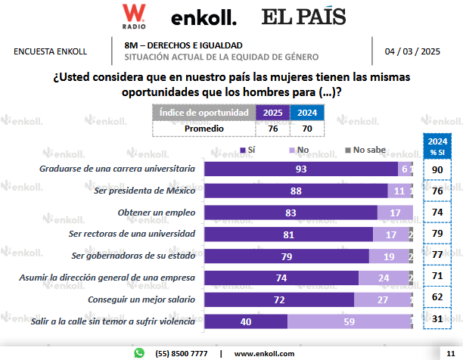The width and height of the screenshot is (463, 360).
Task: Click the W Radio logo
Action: tap(134, 15)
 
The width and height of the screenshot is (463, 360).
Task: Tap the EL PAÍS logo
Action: tap(303, 16)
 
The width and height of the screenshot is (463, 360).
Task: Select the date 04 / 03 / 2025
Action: tap(412, 51)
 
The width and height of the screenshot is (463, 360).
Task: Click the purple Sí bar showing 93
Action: tap(301, 169)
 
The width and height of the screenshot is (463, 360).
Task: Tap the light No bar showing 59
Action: tap(350, 321)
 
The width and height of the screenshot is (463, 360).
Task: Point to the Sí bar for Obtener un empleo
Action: tap(291, 213)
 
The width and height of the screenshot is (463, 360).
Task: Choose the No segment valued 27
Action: tap(383, 299)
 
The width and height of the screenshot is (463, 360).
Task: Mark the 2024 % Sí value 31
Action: tap(437, 321)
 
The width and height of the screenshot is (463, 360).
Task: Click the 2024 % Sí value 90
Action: tap(437, 169)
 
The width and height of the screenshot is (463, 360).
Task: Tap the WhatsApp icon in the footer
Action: tap(139, 352)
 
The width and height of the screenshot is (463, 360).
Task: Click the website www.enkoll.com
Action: tap(264, 353)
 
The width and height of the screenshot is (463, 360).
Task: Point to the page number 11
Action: tap(451, 353)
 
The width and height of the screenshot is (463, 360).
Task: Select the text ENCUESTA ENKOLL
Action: tap(51, 51)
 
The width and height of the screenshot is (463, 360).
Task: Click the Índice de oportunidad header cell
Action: tap(204, 113)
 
